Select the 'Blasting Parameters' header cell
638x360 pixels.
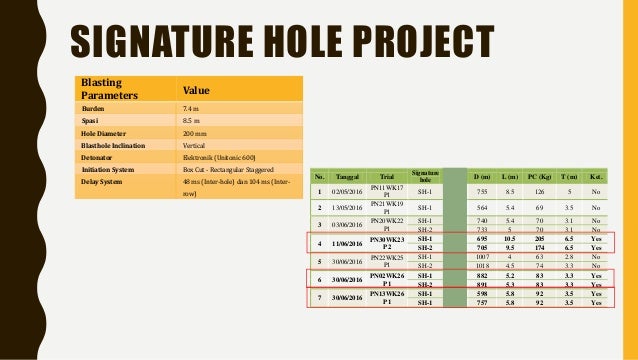pyautogui.click(x=106, y=87)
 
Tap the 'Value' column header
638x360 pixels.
pyautogui.click(x=198, y=87)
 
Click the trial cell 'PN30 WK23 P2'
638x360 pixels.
pyautogui.click(x=387, y=243)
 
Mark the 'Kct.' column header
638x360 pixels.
pyautogui.click(x=597, y=174)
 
